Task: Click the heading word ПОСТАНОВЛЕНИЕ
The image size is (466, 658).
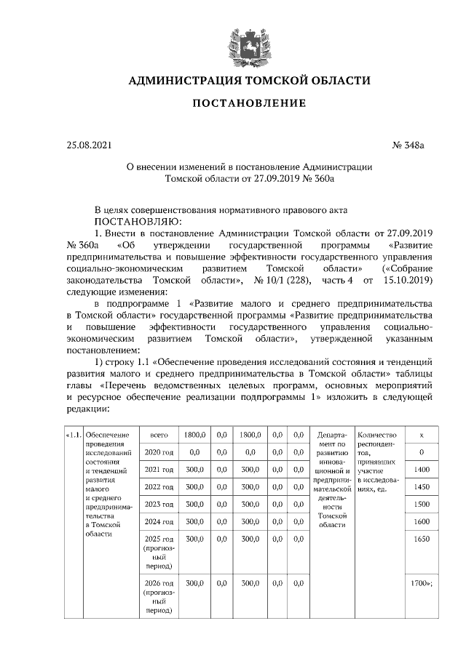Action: click(249, 104)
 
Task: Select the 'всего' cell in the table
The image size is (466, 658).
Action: click(158, 435)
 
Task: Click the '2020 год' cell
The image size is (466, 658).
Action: click(158, 452)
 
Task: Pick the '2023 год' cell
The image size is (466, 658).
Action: click(158, 504)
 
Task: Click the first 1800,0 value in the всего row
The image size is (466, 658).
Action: click(194, 435)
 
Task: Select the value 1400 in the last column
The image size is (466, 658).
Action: click(422, 470)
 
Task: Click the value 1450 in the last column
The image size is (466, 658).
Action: click(422, 487)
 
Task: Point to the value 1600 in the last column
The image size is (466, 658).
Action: click(422, 521)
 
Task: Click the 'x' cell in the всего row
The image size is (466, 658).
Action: click(422, 435)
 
